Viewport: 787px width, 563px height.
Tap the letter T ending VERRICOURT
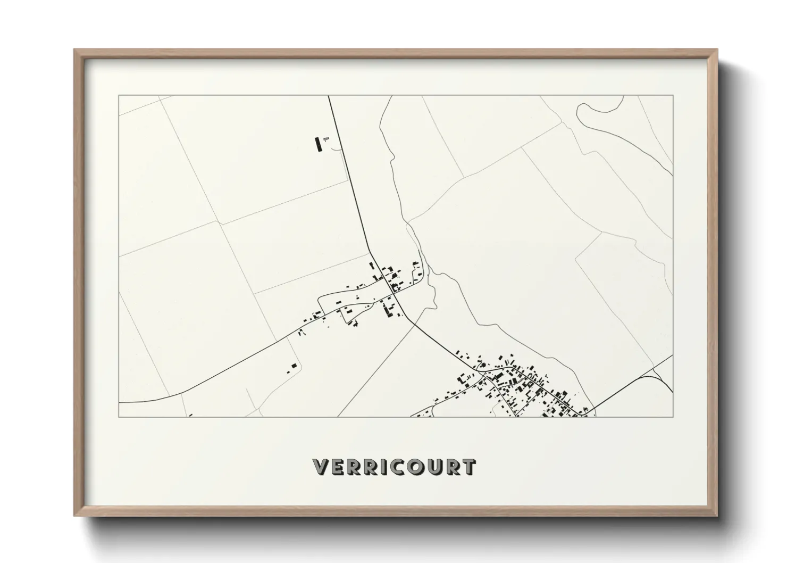467,467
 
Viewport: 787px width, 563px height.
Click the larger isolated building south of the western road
294,366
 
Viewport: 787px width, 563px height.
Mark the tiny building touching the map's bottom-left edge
190,415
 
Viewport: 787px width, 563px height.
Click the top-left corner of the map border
119,96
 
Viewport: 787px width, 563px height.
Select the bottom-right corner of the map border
673,417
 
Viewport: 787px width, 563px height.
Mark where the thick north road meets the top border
328,96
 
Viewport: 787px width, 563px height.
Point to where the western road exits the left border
120,402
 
